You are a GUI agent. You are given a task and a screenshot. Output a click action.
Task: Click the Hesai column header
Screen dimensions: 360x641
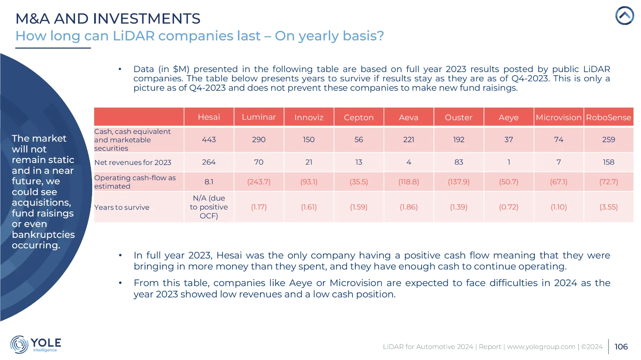[209, 117]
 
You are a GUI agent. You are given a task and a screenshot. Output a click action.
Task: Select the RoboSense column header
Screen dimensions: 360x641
[608, 117]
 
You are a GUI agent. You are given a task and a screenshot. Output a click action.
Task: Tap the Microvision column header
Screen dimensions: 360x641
[558, 117]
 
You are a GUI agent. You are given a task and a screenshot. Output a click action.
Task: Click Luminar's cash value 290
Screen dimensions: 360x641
[259, 139]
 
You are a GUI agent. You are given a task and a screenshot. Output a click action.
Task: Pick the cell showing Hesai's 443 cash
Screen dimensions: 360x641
[209, 139]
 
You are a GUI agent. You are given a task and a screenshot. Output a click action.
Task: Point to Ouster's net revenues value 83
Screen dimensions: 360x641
[459, 162]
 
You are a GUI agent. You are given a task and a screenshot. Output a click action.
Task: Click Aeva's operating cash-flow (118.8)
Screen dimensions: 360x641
[409, 182]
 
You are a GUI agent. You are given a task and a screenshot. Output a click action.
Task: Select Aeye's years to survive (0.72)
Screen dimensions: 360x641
[508, 207]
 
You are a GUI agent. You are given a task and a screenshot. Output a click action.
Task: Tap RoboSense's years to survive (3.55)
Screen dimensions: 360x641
[608, 207]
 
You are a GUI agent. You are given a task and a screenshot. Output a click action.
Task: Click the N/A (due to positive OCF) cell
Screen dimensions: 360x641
[209, 207]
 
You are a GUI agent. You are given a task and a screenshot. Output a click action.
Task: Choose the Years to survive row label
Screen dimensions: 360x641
[122, 207]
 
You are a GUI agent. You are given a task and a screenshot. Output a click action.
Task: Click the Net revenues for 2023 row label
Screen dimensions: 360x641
[133, 163]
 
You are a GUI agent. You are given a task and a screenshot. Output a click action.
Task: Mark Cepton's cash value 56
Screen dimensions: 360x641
[359, 139]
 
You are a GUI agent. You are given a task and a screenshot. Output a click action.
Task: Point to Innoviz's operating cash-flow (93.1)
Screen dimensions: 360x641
[309, 182]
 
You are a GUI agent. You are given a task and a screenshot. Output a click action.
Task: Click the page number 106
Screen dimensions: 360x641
[621, 347]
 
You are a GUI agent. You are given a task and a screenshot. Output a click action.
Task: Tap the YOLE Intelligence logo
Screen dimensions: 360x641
[36, 344]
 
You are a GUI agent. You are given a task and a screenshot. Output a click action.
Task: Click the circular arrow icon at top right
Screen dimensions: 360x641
[625, 16]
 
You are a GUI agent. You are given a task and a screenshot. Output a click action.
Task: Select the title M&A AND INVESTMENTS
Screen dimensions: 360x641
[108, 18]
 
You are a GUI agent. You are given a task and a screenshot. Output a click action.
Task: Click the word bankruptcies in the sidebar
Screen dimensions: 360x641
[43, 235]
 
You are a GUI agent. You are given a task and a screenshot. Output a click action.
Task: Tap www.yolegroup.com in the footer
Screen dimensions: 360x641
[541, 347]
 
